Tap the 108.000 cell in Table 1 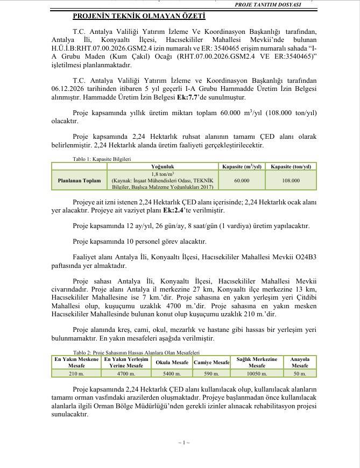(x=291, y=181)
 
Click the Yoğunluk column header (x=162, y=167)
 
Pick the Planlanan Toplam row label (x=79, y=181)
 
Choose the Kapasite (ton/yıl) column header (x=291, y=167)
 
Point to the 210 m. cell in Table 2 (x=76, y=373)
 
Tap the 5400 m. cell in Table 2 (x=172, y=373)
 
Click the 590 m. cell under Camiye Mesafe (x=211, y=373)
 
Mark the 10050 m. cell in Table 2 (x=257, y=373)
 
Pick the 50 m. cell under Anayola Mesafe (x=300, y=373)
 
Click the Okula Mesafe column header (x=172, y=363)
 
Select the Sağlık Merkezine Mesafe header (x=257, y=363)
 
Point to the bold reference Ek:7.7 (x=189, y=97)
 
